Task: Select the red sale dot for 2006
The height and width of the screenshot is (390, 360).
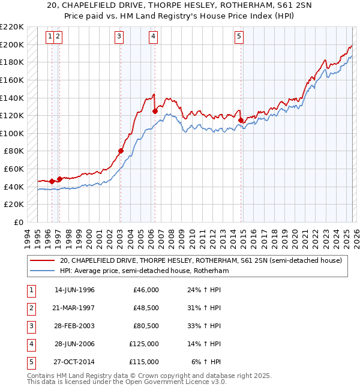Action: click(x=155, y=111)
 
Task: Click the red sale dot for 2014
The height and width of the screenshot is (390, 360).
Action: click(x=241, y=120)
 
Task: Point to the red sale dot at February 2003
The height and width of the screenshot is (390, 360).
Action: click(x=121, y=151)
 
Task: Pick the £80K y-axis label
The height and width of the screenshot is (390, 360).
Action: click(x=14, y=151)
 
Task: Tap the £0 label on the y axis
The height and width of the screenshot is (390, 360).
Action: click(x=18, y=222)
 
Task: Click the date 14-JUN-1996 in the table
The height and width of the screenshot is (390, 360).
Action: click(x=74, y=290)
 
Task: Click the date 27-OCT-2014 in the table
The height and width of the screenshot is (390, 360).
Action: click(x=74, y=362)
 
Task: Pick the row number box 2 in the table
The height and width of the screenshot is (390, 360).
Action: click(x=29, y=308)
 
